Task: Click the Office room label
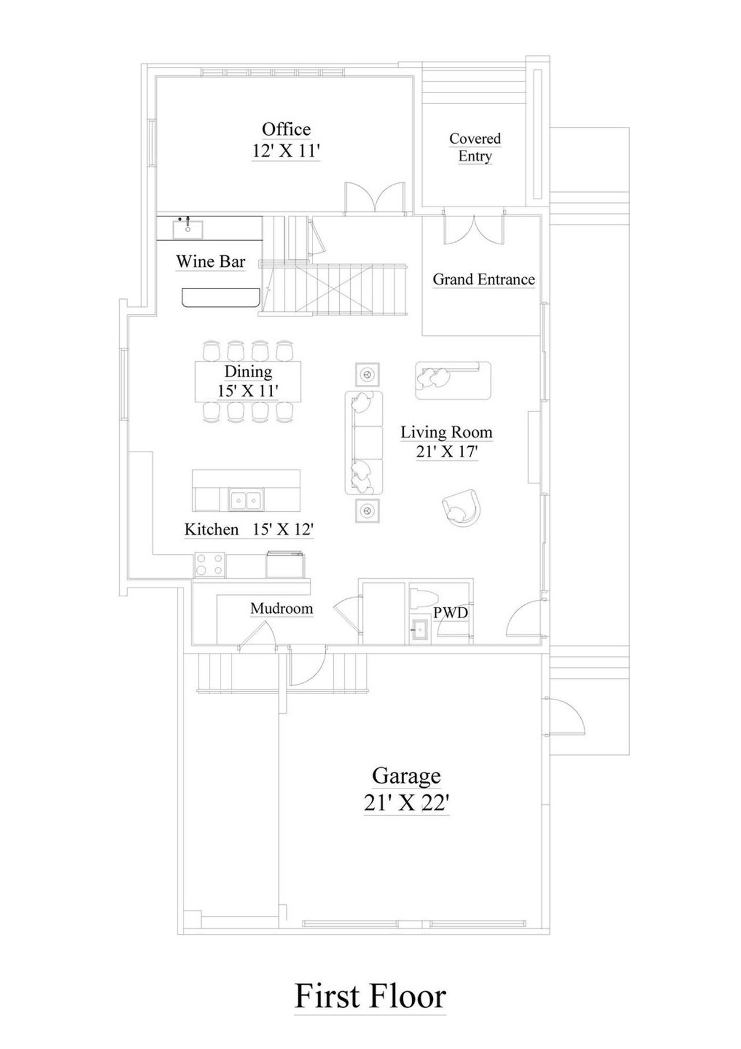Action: tap(286, 129)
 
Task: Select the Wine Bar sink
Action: tap(188, 229)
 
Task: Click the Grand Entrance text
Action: tap(483, 280)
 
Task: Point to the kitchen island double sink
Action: tap(246, 499)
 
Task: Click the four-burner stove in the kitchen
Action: tap(210, 565)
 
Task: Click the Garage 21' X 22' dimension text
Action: tap(406, 803)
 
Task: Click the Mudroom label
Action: tap(281, 608)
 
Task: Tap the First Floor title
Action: tap(370, 996)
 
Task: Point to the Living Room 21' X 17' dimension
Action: tap(446, 452)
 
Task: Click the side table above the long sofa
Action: tap(367, 374)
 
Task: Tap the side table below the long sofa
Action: tap(367, 511)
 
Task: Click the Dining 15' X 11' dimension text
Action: tap(248, 391)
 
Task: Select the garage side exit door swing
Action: tap(567, 717)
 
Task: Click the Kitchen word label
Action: tap(211, 529)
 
